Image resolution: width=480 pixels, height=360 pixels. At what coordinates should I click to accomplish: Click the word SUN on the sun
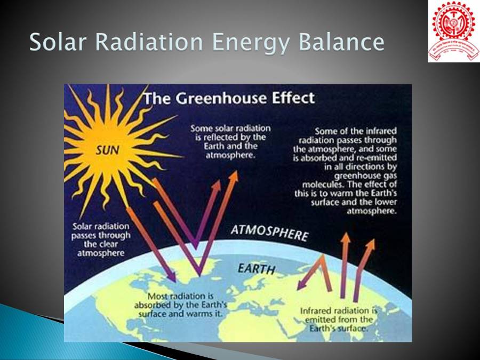point(108,150)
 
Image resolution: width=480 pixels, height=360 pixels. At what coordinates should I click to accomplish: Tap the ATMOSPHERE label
point(269,233)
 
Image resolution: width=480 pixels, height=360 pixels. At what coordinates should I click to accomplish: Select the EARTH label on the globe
point(256,268)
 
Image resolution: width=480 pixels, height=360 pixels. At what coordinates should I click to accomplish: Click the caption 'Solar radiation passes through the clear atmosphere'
point(101,239)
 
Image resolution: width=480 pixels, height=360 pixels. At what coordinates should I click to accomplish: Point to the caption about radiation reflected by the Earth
point(230,142)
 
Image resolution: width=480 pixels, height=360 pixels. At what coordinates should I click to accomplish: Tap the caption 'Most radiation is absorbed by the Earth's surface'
point(181,305)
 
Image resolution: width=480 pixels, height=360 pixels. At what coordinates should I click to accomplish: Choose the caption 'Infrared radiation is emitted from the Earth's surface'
point(338,319)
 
